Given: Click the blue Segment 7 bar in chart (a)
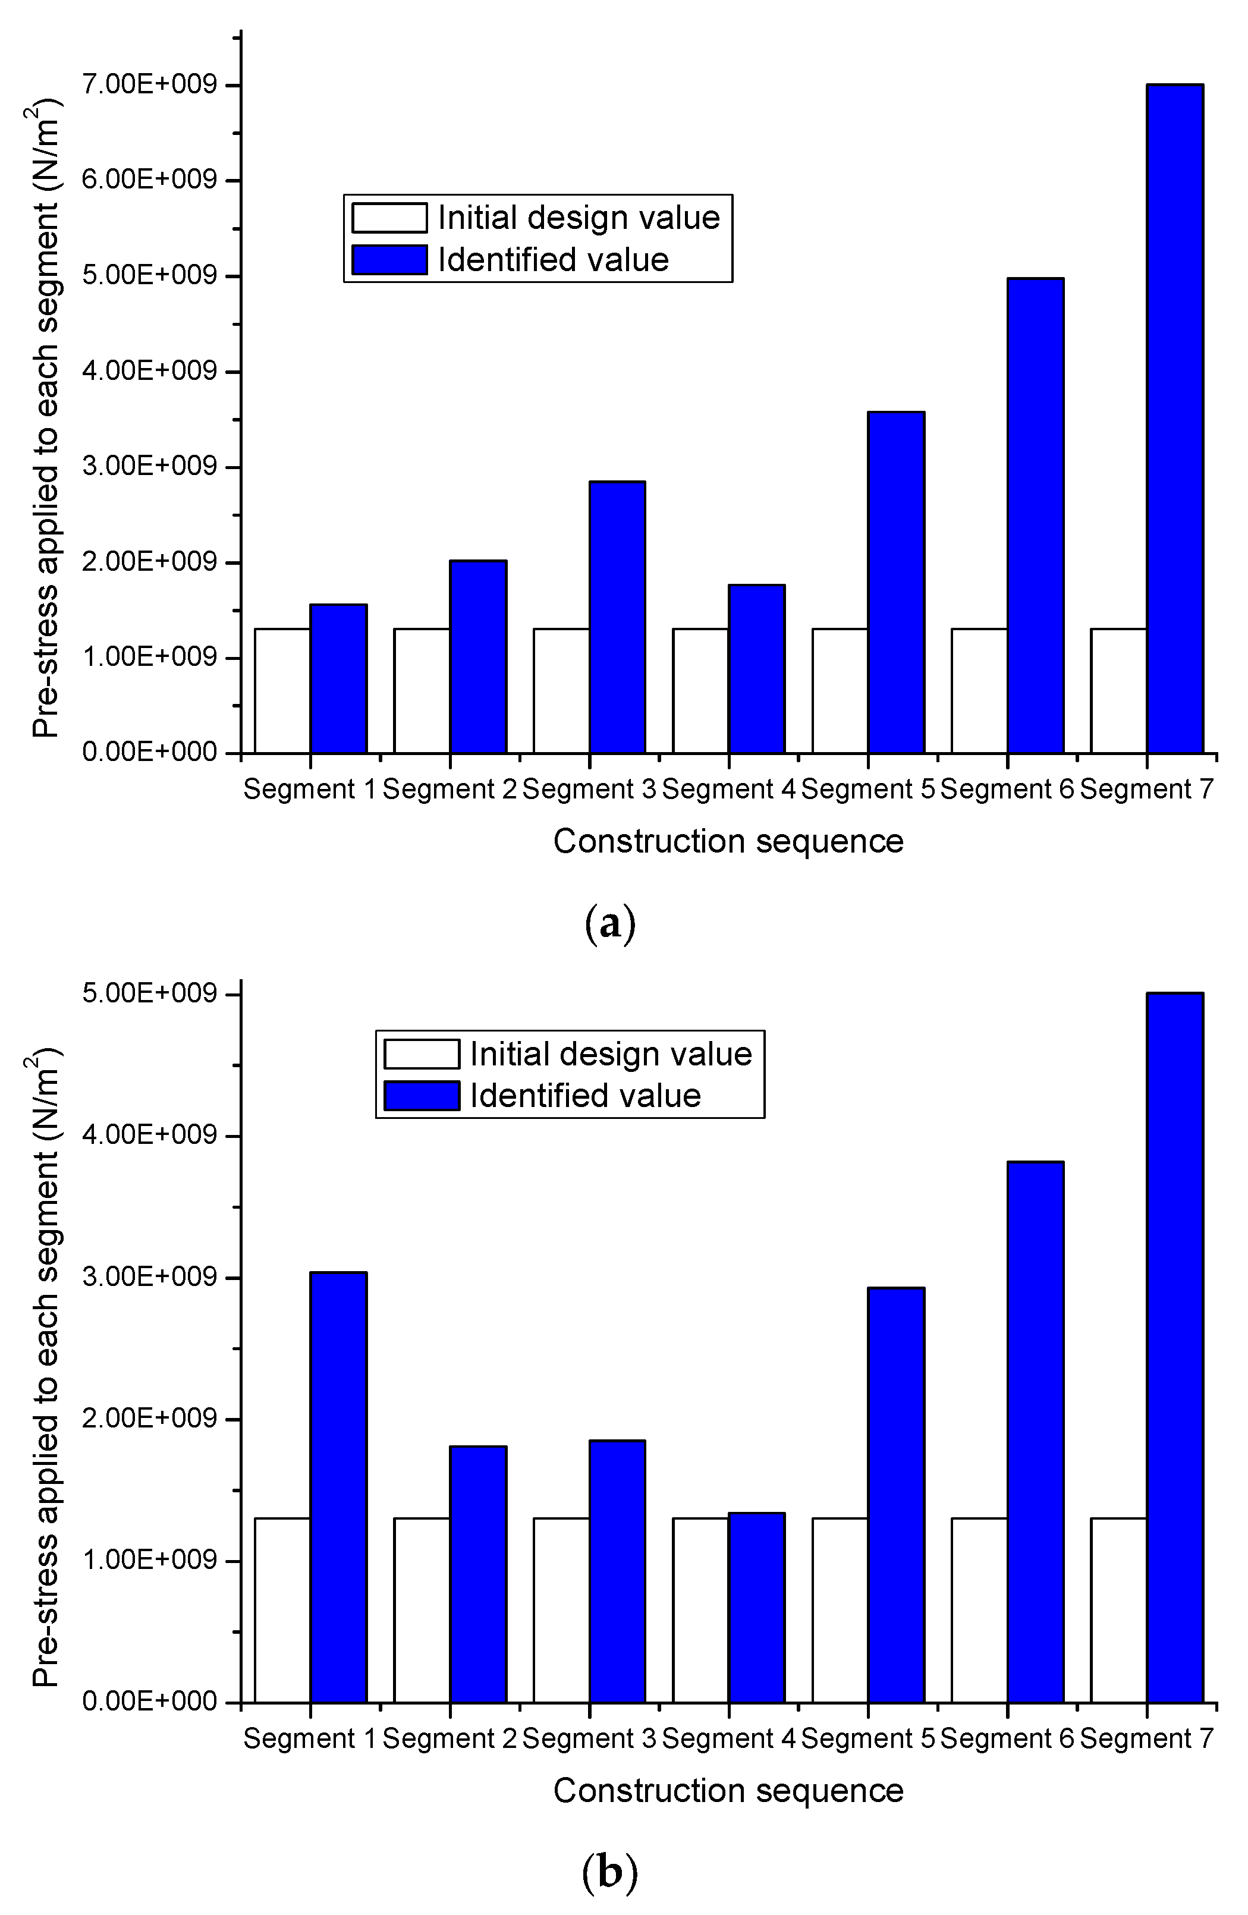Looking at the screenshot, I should pos(1175,419).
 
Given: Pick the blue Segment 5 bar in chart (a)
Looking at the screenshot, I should pos(895,583).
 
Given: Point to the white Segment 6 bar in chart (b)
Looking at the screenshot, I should pos(979,1610).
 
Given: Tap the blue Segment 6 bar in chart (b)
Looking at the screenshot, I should pos(1036,1432).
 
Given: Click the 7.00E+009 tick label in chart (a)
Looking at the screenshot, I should pos(150,84).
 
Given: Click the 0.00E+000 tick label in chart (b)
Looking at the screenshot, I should pos(150,1702).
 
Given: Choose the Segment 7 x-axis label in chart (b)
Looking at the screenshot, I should pos(1146,1739).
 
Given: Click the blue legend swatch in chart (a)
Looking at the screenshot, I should pos(389,260).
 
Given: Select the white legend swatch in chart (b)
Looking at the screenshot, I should pos(422,1054).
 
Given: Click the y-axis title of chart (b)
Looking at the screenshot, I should pos(46,1368).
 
